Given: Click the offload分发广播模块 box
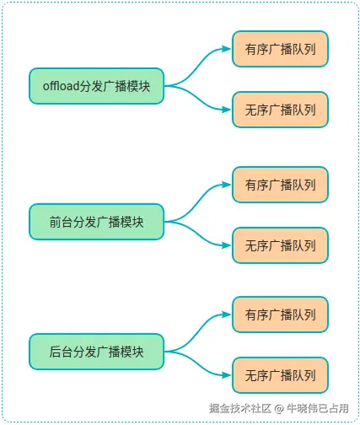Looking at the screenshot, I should (x=96, y=85).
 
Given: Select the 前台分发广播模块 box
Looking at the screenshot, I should (x=96, y=222).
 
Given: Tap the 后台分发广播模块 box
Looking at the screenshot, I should (x=96, y=352).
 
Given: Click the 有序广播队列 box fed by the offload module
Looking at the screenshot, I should (x=280, y=50).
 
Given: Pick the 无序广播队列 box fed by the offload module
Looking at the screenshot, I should (x=280, y=110).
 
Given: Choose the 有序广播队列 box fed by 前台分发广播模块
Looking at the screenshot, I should (x=280, y=185).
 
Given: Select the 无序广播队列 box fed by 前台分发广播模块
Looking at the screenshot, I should (x=280, y=245).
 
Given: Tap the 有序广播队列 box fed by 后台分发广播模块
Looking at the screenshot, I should (x=280, y=315).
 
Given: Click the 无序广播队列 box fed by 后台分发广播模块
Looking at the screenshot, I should (x=280, y=374).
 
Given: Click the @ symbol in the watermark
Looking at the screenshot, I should (x=280, y=408).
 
